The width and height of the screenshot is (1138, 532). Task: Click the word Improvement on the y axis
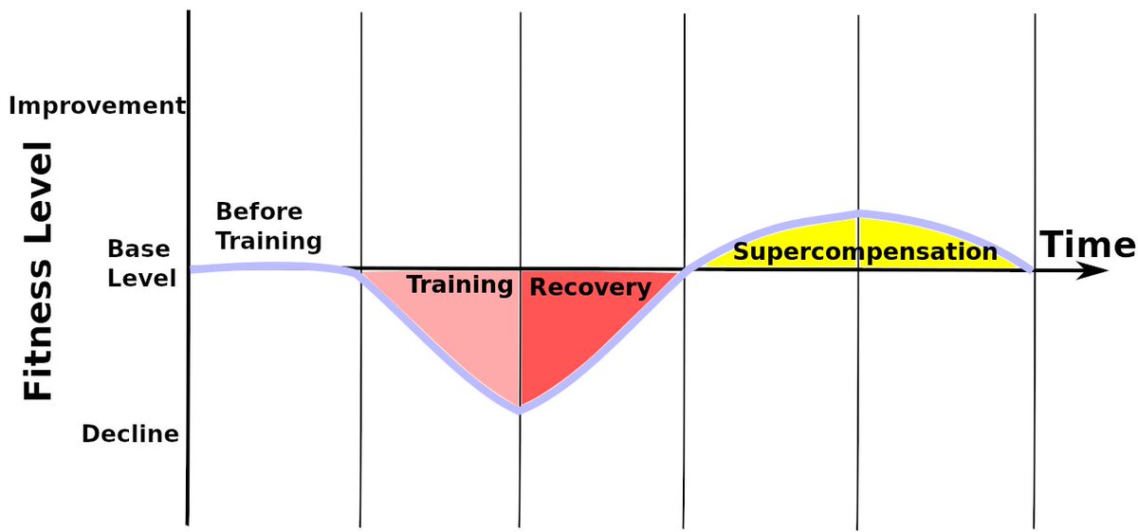pos(97,105)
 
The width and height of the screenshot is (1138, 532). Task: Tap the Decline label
pos(130,434)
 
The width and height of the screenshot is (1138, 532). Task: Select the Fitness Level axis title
pos(38,270)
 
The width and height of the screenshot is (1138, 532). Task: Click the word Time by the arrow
pos(1087,245)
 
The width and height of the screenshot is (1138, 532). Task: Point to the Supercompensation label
pos(865,252)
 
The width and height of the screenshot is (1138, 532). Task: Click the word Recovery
pos(590,287)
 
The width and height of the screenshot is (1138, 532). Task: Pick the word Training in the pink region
pos(459,284)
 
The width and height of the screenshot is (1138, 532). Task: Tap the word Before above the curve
pos(259,211)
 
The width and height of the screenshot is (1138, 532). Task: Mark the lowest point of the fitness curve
pos(520,410)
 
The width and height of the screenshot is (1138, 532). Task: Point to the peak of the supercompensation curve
pos(858,213)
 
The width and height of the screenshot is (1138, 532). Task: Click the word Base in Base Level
pos(138,249)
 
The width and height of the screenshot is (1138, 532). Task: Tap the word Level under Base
pos(142,279)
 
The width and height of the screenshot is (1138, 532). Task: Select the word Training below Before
pos(268,240)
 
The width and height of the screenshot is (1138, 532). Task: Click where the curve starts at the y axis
pos(192,269)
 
